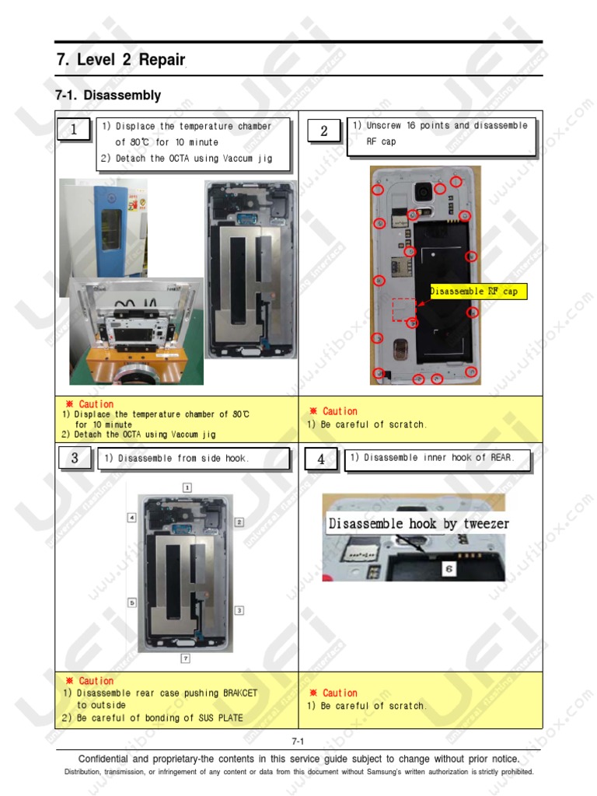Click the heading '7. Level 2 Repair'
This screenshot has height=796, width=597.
[x=120, y=60]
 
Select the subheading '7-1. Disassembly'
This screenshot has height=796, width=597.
[x=108, y=96]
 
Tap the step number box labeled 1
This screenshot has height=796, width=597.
[x=74, y=130]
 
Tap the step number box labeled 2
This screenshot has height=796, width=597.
[x=323, y=131]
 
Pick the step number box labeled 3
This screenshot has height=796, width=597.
[x=74, y=458]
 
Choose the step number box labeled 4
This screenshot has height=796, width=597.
[x=321, y=459]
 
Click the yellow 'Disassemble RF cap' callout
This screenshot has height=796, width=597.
[x=477, y=292]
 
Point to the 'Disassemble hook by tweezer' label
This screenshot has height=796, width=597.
[x=418, y=523]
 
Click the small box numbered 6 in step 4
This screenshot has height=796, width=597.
[x=449, y=569]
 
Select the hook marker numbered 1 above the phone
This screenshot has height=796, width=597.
[x=187, y=487]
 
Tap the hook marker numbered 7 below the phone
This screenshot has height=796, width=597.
[x=186, y=658]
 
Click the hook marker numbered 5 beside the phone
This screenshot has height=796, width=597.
[x=132, y=602]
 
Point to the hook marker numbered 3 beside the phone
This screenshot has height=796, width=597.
[x=239, y=610]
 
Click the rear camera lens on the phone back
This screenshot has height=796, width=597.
[x=424, y=190]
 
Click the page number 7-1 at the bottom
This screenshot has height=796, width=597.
[x=298, y=742]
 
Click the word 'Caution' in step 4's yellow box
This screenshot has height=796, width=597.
[x=340, y=693]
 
